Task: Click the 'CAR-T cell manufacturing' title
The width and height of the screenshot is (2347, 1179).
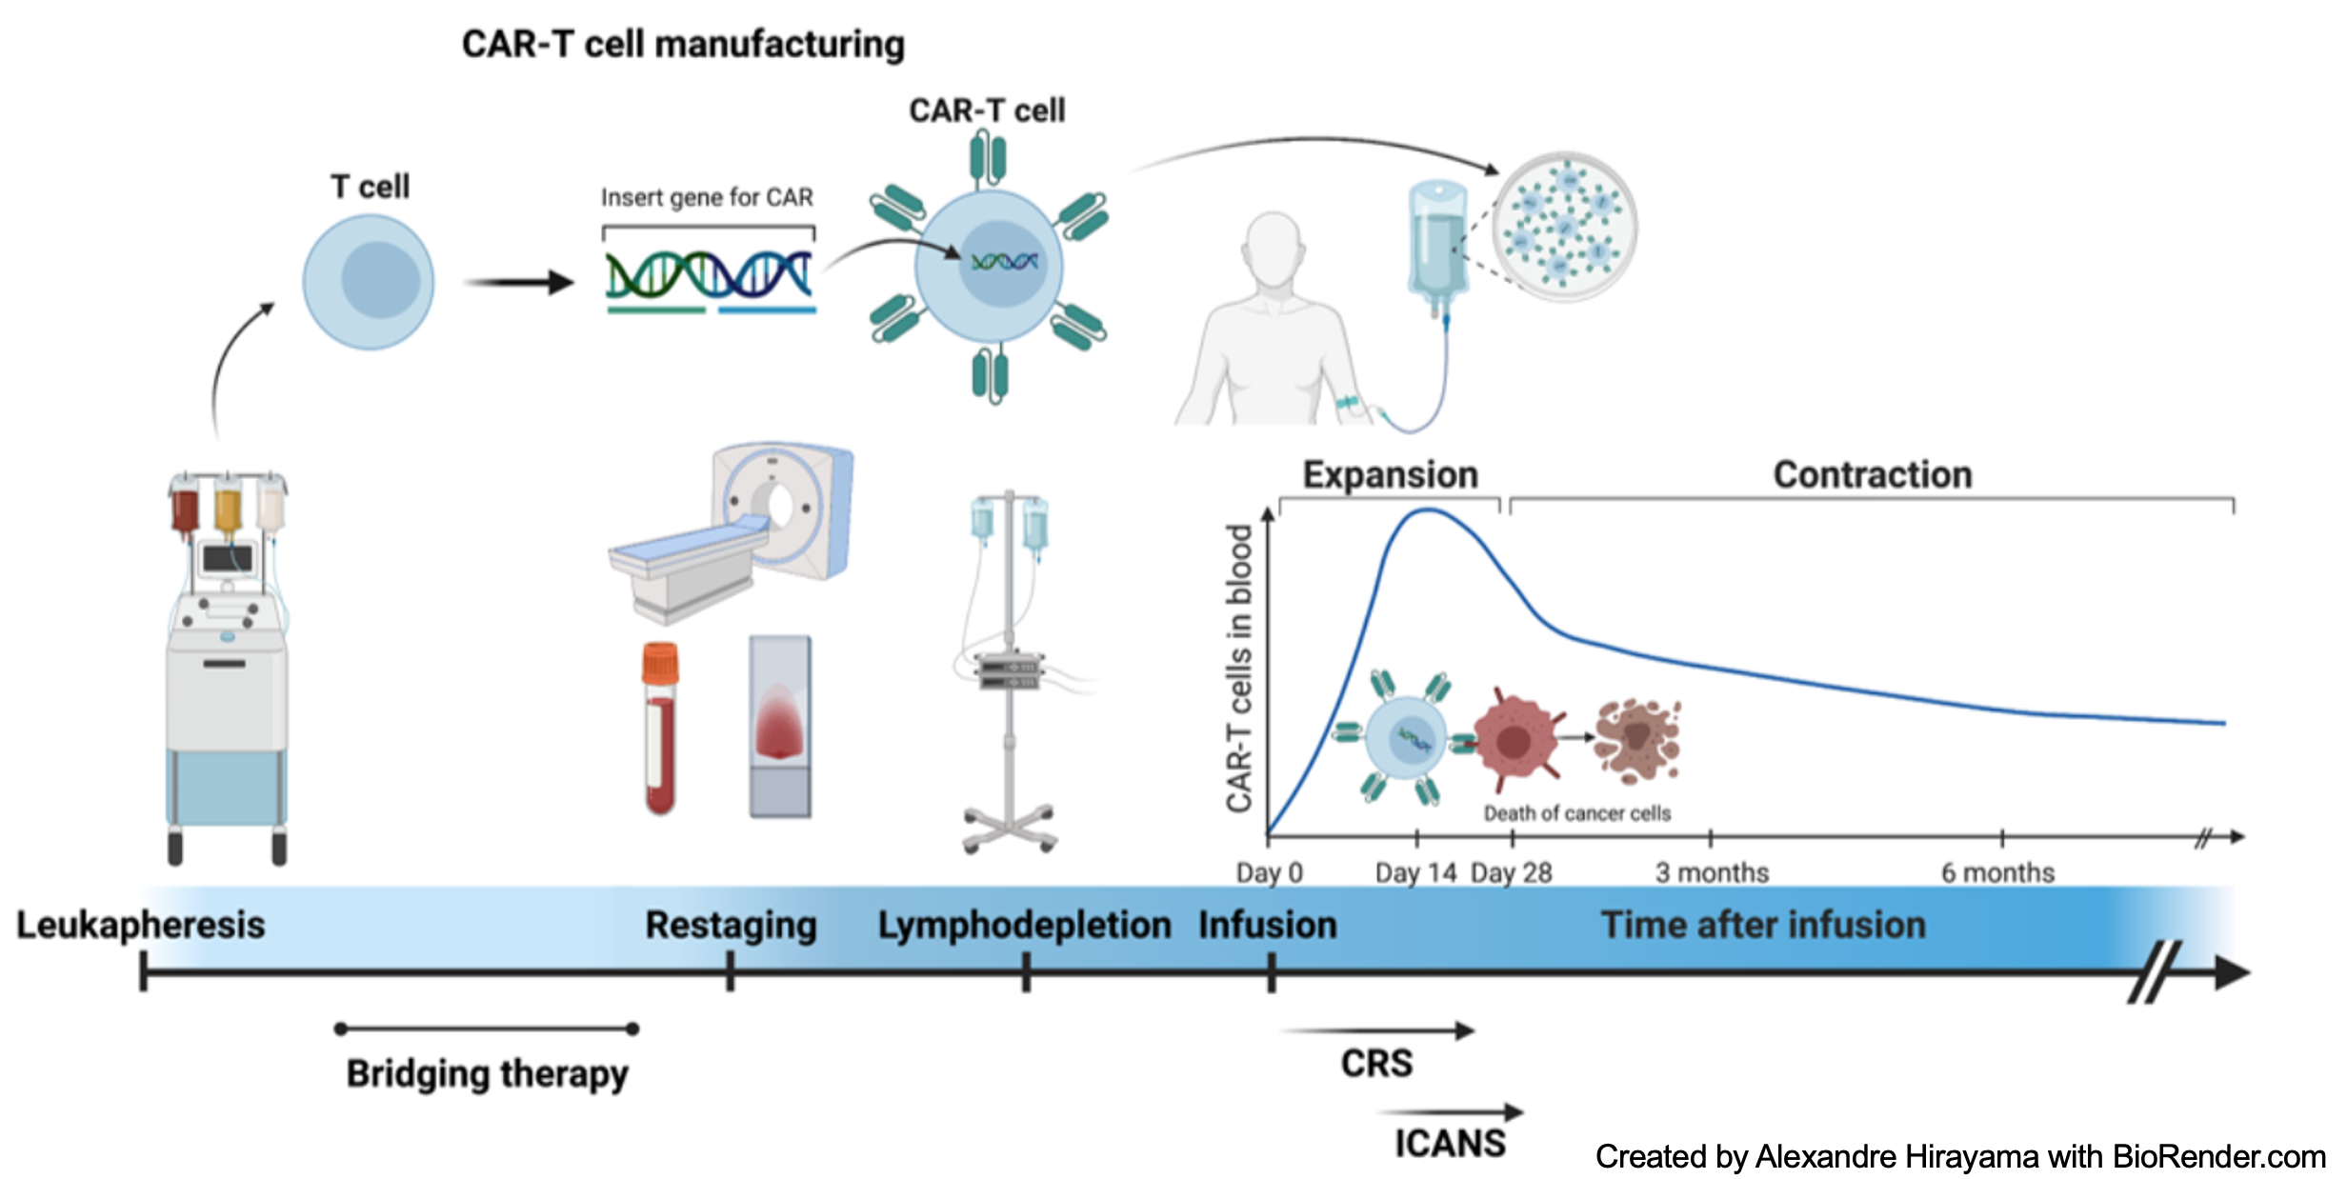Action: tap(683, 44)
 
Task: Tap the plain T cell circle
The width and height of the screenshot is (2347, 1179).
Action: tap(369, 282)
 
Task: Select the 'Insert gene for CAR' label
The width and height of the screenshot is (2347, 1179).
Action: tap(707, 197)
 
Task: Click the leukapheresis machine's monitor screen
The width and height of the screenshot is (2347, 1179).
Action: tap(227, 558)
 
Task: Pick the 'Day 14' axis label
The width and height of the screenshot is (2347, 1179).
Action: tap(1415, 872)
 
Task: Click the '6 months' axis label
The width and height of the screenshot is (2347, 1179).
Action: tap(1997, 872)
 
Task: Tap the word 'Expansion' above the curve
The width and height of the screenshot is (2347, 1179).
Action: tap(1390, 474)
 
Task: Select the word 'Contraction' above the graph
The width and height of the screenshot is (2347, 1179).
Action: tap(1872, 474)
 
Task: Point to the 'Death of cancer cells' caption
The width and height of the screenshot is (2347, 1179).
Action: tap(1576, 813)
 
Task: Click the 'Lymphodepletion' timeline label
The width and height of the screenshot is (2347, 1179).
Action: tap(1024, 925)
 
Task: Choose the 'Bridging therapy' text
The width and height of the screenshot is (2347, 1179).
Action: tap(487, 1073)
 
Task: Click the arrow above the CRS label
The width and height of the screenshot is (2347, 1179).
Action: tap(1377, 1030)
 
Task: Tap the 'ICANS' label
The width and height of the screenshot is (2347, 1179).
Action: tap(1450, 1143)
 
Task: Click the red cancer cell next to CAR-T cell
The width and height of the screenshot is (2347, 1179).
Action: tap(1515, 739)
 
